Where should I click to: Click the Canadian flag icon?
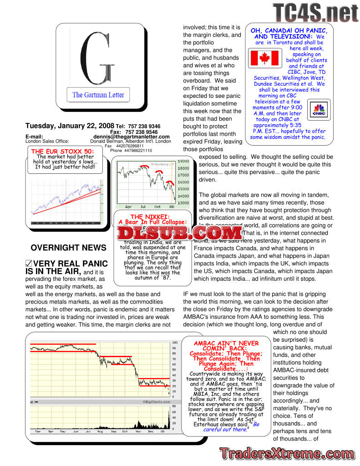click(265, 58)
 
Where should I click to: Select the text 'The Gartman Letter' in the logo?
click(98, 95)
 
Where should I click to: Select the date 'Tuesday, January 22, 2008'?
click(70, 126)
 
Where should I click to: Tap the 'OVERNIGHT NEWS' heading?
click(68, 248)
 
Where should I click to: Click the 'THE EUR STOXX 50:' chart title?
click(62, 152)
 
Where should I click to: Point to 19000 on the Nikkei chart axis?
click(183, 161)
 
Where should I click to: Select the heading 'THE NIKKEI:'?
click(150, 217)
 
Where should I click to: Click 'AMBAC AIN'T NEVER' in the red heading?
click(226, 344)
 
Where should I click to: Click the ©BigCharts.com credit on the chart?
click(157, 402)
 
